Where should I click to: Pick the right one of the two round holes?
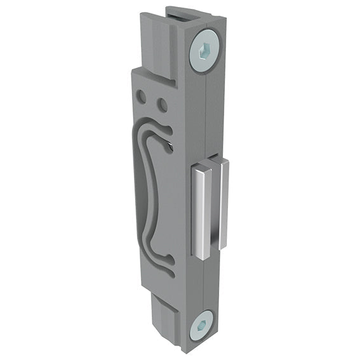point(162,103)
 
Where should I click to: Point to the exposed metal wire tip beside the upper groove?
point(173,147)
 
